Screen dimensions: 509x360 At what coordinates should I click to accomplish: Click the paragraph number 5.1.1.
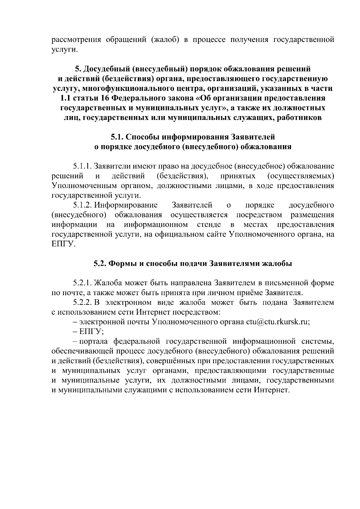click(x=82, y=166)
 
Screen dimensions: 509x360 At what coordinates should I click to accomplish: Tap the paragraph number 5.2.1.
click(x=82, y=283)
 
